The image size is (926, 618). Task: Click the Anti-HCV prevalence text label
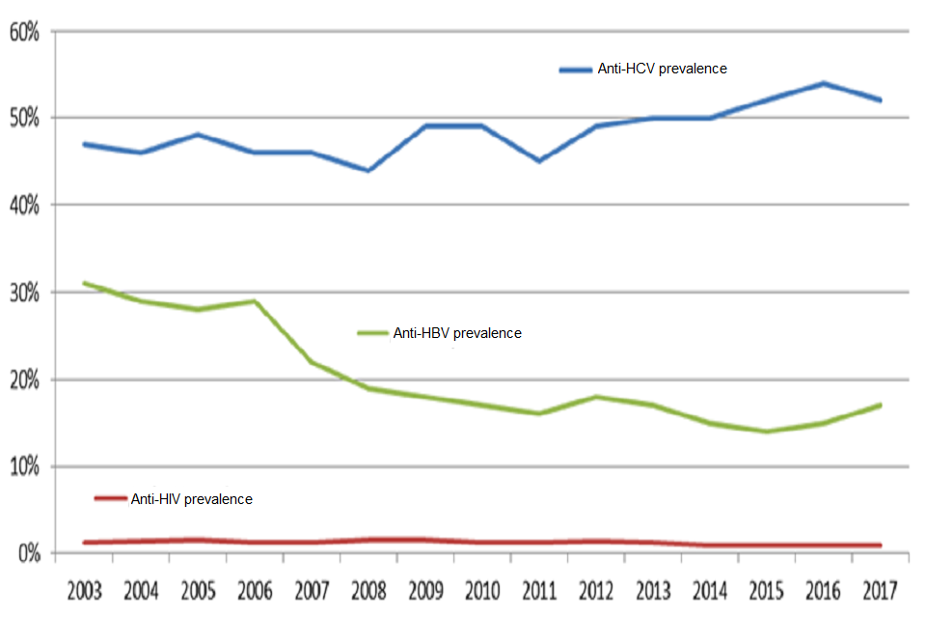tap(662, 69)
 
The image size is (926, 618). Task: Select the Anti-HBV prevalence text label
tap(457, 333)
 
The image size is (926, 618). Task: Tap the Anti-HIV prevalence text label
tap(191, 499)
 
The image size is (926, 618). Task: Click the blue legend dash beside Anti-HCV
tap(575, 70)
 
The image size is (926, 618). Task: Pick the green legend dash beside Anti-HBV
tap(372, 333)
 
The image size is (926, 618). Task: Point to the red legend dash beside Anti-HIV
tap(110, 498)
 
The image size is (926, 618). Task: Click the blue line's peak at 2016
tap(824, 83)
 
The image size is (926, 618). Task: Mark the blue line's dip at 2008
tap(368, 170)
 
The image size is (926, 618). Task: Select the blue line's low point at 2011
tap(539, 161)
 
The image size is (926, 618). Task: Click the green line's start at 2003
tap(85, 283)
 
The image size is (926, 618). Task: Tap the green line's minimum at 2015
tap(767, 432)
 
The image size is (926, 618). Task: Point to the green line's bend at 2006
tap(256, 301)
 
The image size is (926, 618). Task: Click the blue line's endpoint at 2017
tap(881, 100)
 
